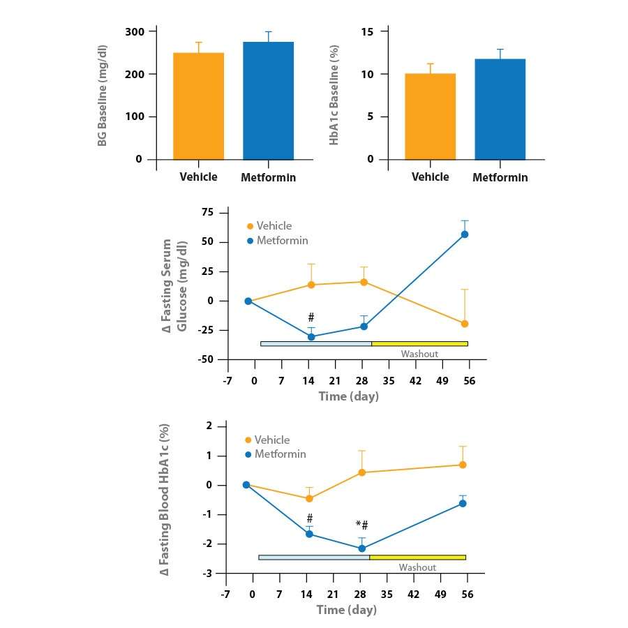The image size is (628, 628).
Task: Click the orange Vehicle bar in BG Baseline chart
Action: (198, 106)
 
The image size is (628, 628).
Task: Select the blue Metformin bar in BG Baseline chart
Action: (268, 100)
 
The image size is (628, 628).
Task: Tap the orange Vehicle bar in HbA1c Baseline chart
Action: (430, 116)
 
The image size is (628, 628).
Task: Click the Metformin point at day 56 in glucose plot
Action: (464, 234)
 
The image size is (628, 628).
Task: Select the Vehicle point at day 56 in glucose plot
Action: (464, 324)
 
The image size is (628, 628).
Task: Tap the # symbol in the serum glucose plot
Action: (311, 317)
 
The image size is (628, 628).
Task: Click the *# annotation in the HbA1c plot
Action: (361, 525)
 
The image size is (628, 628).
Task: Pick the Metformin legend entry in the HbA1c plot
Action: (279, 454)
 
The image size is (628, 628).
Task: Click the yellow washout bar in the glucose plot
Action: (419, 343)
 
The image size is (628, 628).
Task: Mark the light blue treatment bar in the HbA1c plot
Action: (313, 557)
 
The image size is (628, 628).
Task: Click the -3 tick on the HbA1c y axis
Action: (207, 573)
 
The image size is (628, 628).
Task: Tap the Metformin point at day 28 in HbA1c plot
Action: (361, 548)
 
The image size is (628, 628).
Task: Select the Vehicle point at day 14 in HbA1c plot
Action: (309, 498)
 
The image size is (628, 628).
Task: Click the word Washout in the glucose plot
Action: (419, 354)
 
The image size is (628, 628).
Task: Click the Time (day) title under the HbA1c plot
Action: (346, 610)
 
